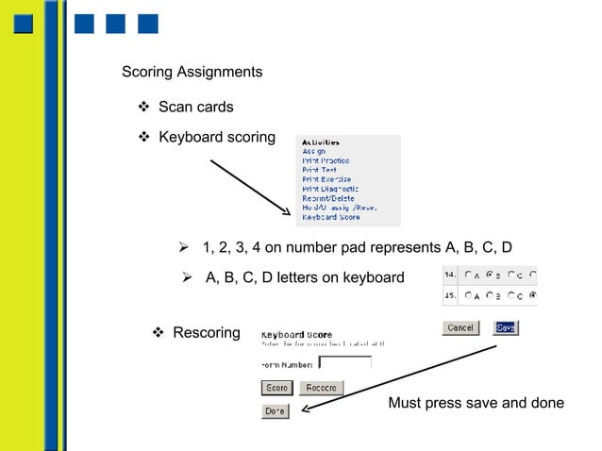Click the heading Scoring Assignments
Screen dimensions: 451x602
[192, 73]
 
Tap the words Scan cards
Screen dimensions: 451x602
[195, 107]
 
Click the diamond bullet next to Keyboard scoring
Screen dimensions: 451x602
[144, 138]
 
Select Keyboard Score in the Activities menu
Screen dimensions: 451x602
[330, 217]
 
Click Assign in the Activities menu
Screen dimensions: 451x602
[314, 151]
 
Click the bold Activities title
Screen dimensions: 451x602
[321, 142]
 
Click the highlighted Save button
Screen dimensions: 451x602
[505, 327]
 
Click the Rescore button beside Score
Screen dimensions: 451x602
[321, 388]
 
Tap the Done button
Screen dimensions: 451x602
[275, 411]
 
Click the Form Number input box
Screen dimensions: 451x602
[344, 362]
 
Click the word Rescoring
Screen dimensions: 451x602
[206, 333]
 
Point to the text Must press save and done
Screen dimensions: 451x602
[476, 404]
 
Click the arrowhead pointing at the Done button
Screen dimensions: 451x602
[306, 409]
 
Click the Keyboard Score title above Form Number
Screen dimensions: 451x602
[296, 334]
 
